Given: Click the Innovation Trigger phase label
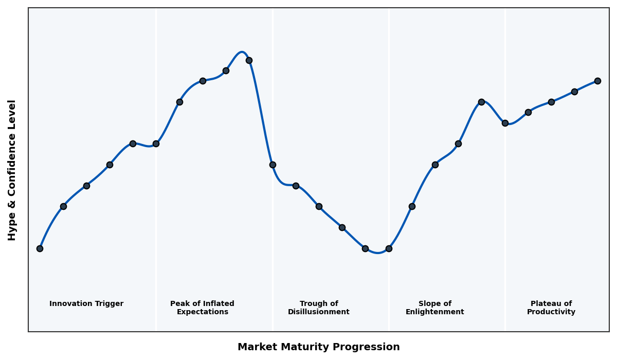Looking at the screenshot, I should click(x=86, y=304).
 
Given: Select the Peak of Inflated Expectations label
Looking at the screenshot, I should click(x=202, y=308).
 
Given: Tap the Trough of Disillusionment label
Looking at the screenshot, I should click(x=318, y=308).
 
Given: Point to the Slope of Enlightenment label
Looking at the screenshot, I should click(x=434, y=308).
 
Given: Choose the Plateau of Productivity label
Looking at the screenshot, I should click(x=551, y=308).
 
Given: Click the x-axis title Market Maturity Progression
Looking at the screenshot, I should click(x=318, y=347).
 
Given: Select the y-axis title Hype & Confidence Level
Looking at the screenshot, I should click(x=12, y=170).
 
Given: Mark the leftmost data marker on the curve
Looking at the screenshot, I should click(x=40, y=248).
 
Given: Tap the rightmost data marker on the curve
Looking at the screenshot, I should click(x=597, y=81).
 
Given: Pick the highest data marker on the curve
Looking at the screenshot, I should click(x=249, y=60).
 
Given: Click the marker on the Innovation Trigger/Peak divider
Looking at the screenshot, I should click(x=156, y=143).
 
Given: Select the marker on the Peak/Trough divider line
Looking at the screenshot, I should click(x=273, y=165).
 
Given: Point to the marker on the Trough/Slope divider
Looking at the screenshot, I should click(x=389, y=248).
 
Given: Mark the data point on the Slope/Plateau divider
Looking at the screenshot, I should click(x=505, y=123).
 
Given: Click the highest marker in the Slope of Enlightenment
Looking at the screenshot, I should click(x=481, y=102).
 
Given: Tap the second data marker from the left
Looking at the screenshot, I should click(x=63, y=206).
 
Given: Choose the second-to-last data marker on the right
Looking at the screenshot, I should click(x=574, y=92).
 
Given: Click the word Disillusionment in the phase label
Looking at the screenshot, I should click(x=318, y=312).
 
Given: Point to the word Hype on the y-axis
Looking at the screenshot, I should click(x=12, y=228).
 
